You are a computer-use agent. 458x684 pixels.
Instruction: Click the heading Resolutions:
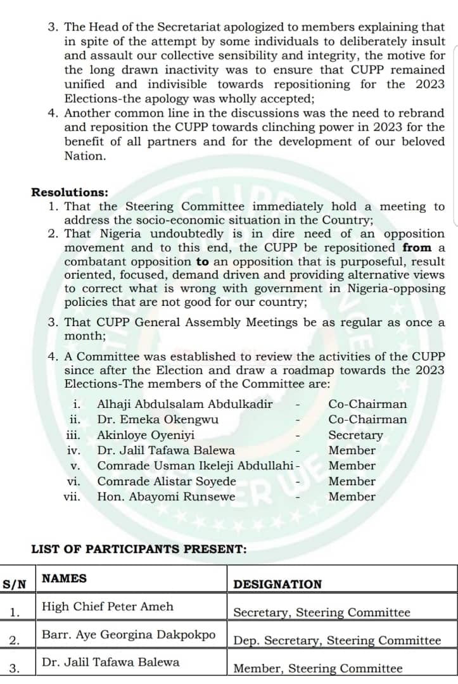(x=70, y=193)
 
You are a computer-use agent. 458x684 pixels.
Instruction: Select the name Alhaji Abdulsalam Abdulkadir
(x=185, y=404)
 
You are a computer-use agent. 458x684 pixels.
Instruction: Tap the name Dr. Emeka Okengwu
(x=158, y=419)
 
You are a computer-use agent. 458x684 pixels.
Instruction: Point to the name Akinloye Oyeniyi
(x=146, y=435)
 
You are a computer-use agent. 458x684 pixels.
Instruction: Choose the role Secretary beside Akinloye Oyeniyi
(x=355, y=435)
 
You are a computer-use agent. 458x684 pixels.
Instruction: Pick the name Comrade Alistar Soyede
(x=167, y=481)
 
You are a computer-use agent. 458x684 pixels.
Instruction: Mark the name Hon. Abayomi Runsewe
(x=166, y=497)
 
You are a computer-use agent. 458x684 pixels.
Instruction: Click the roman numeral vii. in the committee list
(x=72, y=497)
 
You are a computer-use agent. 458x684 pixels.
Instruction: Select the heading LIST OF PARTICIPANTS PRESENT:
(x=139, y=549)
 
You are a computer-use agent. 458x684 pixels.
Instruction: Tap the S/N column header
(x=15, y=584)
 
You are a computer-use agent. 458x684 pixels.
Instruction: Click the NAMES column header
(x=64, y=578)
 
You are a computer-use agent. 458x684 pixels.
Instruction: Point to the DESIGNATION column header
(x=277, y=585)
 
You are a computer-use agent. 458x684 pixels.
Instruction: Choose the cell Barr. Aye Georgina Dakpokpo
(x=129, y=634)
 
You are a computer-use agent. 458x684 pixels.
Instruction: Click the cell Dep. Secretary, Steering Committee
(x=337, y=640)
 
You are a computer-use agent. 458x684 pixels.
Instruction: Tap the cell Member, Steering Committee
(x=318, y=668)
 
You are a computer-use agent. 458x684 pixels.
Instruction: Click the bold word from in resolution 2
(x=417, y=248)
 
